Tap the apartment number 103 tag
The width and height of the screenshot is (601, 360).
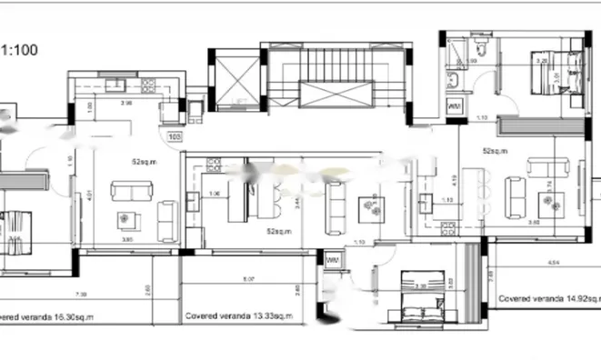175,137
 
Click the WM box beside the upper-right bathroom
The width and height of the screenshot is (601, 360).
456,105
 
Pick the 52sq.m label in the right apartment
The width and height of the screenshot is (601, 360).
495,151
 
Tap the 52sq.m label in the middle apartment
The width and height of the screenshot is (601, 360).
278,232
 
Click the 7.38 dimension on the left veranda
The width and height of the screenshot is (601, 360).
81,294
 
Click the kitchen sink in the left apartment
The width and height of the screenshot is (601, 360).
115,86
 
